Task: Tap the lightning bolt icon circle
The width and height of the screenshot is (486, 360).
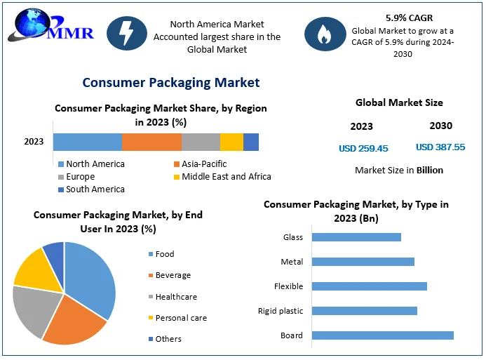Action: point(126,33)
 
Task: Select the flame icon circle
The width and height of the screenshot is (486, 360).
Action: point(324,33)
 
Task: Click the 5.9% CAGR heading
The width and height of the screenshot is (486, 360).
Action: point(409,17)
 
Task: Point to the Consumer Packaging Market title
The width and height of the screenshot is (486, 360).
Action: point(171,83)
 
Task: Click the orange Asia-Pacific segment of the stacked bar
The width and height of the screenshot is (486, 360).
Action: point(151,142)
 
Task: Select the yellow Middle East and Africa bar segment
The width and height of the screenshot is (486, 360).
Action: point(231,142)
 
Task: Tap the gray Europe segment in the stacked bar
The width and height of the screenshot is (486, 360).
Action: point(201,142)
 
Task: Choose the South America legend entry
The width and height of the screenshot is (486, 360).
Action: point(91,189)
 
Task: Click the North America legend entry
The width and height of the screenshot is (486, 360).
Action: point(91,164)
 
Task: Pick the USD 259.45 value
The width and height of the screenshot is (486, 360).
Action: point(363,148)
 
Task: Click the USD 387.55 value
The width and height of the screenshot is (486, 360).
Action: point(440,147)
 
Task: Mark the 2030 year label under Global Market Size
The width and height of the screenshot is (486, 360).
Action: point(440,126)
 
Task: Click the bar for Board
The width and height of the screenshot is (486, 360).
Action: point(382,335)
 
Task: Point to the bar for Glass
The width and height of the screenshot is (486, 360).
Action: point(356,237)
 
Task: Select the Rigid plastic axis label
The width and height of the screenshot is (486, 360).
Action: point(281,311)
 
